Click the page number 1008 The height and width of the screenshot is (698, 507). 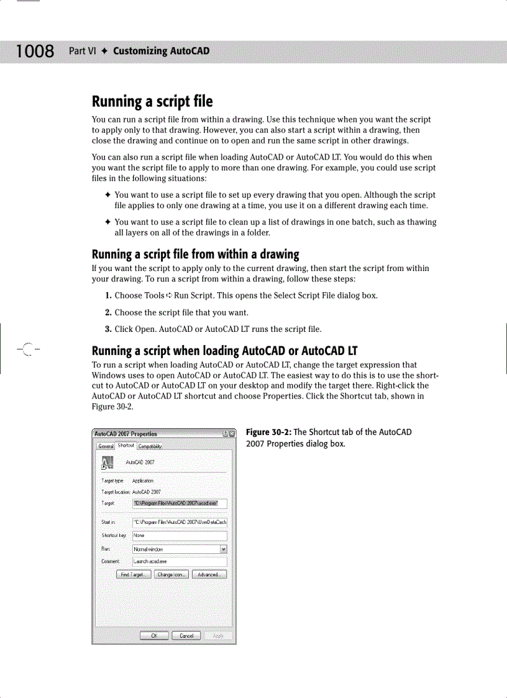35,51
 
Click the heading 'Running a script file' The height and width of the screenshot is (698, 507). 152,101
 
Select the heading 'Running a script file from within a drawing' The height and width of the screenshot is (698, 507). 195,254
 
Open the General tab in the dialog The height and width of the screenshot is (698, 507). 106,446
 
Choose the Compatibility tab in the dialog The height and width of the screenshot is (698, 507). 150,446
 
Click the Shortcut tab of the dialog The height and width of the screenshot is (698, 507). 126,445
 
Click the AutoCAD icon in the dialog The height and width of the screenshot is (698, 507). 107,462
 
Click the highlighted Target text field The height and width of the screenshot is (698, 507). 180,503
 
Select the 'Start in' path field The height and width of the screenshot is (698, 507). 180,523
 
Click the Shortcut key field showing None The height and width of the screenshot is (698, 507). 180,536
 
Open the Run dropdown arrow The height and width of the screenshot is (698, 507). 224,549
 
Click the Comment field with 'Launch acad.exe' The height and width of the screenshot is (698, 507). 180,561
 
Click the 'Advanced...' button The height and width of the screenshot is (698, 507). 208,574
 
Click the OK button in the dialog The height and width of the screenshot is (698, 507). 155,635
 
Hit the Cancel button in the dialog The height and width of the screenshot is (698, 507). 186,635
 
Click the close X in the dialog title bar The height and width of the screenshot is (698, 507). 232,434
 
